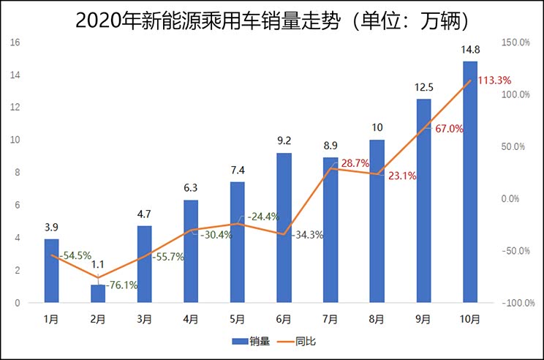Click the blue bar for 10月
click(x=469, y=183)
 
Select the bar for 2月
click(x=98, y=293)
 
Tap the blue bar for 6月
click(x=284, y=228)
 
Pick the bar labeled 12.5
click(x=423, y=200)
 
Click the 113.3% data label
click(x=494, y=80)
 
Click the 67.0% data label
click(x=449, y=129)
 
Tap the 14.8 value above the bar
click(x=469, y=50)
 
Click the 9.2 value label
click(x=284, y=140)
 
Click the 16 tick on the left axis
click(x=15, y=42)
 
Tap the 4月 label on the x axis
click(x=191, y=319)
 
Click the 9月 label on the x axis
click(x=423, y=319)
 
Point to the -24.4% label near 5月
click(x=263, y=217)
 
